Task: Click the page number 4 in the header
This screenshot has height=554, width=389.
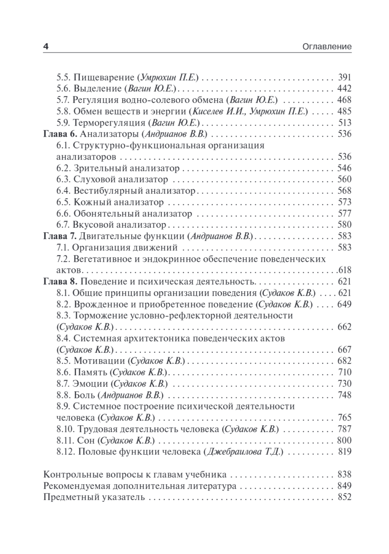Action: pos(45,47)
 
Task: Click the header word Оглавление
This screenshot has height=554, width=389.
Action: pos(326,47)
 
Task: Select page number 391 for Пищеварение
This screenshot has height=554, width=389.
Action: pos(345,78)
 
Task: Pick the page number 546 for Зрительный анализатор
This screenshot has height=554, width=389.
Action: pos(345,168)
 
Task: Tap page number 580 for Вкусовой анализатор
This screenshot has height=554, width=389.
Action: pos(345,225)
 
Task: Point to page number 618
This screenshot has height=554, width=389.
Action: pos(345,270)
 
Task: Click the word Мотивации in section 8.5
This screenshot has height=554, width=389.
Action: pos(98,361)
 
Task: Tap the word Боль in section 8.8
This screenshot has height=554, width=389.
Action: pos(84,395)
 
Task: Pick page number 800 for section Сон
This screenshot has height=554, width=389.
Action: pos(345,440)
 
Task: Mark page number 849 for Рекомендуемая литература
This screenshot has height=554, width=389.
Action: pos(345,486)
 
